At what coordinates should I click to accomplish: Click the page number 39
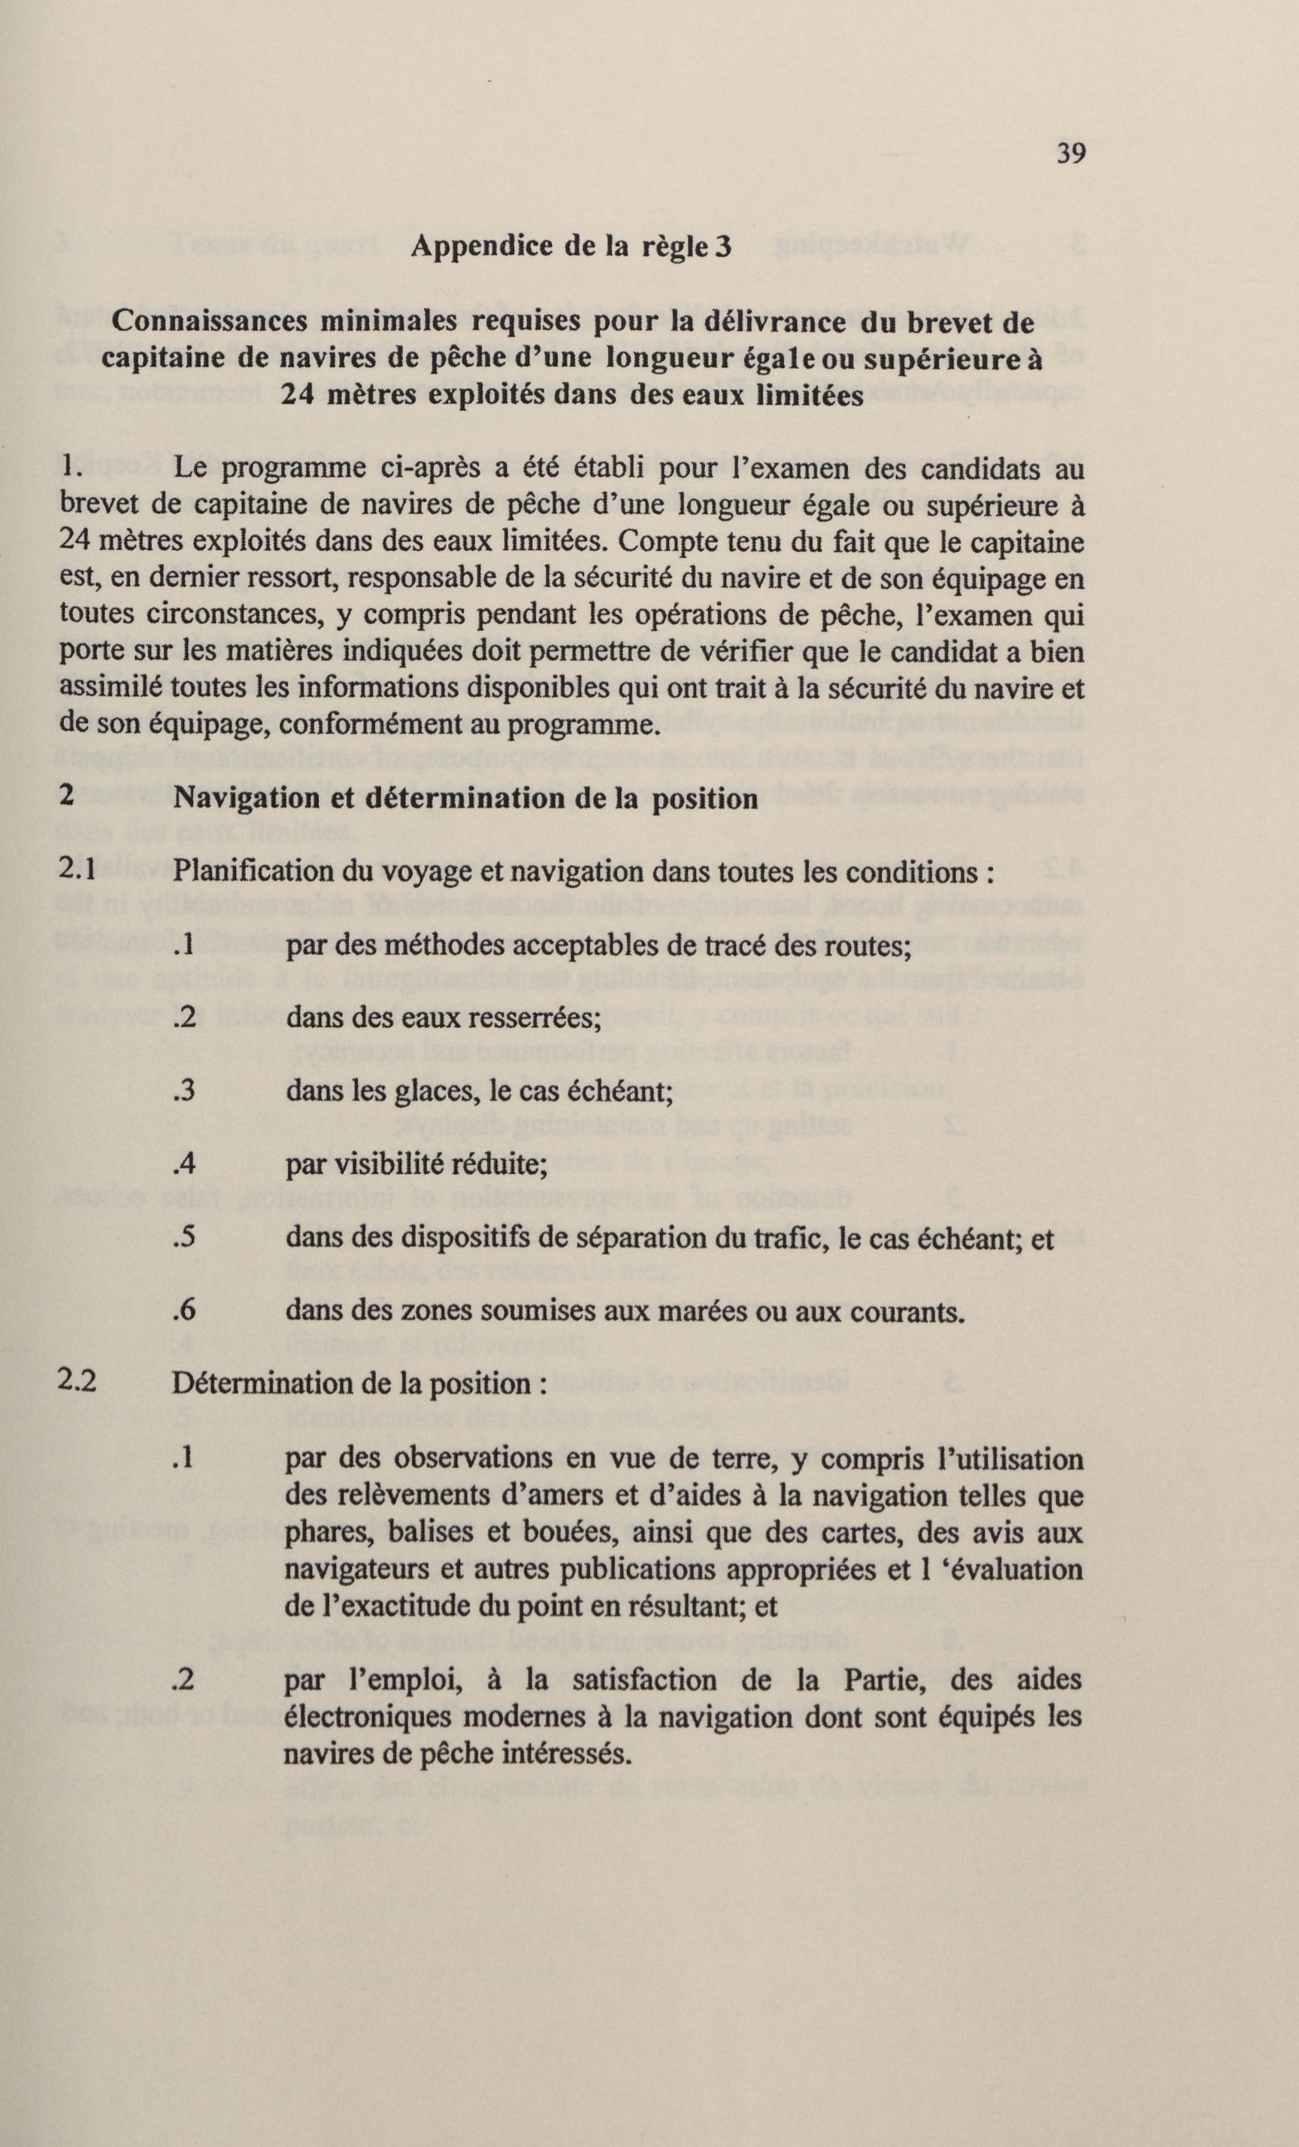pyautogui.click(x=1070, y=154)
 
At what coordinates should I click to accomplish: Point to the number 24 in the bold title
pyautogui.click(x=298, y=396)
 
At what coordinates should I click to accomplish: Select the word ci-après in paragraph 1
pyautogui.click(x=433, y=469)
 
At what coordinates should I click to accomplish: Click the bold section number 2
pyautogui.click(x=66, y=796)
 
